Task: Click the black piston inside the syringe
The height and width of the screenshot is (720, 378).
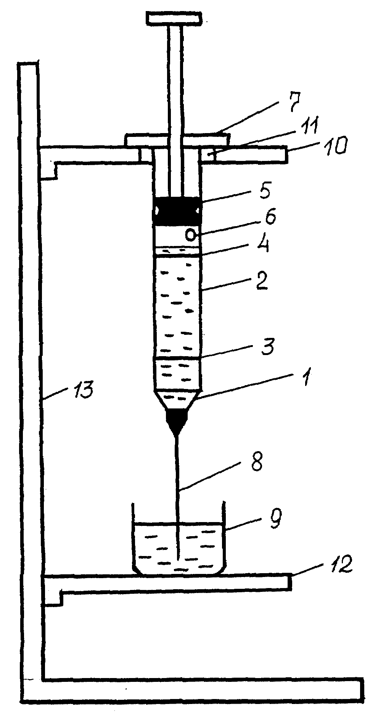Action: pos(177,210)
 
